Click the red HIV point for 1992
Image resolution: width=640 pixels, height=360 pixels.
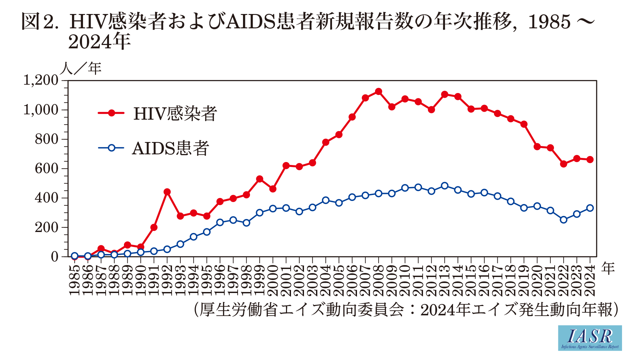(x=167, y=192)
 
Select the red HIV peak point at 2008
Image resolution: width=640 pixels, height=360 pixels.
(x=378, y=91)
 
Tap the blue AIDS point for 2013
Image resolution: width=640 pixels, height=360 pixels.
(x=444, y=186)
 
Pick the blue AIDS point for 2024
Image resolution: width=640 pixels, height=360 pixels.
(x=590, y=208)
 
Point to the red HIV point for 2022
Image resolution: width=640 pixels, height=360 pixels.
(x=563, y=164)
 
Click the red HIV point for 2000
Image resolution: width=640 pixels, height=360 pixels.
(x=273, y=189)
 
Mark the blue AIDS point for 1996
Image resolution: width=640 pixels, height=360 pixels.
(x=220, y=222)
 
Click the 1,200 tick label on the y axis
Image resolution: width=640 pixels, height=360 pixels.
(x=41, y=80)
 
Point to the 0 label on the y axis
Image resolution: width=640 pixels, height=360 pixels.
(x=55, y=257)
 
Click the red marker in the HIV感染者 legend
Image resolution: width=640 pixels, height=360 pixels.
(x=111, y=113)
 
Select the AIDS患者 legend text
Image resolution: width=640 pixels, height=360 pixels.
(x=171, y=148)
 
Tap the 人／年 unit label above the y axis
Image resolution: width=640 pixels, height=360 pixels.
(x=81, y=68)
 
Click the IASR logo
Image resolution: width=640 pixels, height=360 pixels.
(x=590, y=338)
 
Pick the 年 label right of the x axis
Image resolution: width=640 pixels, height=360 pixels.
(x=608, y=268)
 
